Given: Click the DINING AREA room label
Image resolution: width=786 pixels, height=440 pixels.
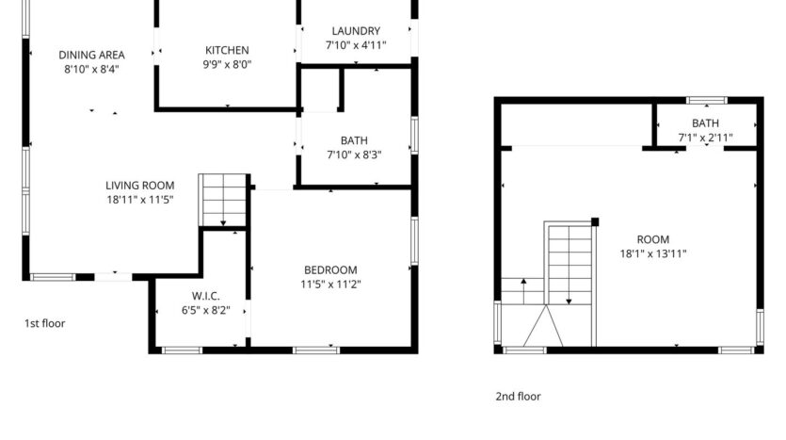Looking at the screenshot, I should coord(91,55).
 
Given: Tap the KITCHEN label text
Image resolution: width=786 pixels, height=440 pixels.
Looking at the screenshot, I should coord(227,51).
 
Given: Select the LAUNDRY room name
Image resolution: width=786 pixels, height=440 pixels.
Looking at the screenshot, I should coord(356,31).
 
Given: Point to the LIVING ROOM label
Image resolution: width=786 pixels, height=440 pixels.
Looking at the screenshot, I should coord(140,186).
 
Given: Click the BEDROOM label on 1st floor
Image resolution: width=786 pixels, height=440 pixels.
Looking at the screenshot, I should coord(329,270).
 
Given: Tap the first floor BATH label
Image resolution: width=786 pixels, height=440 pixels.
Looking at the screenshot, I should coord(354,141).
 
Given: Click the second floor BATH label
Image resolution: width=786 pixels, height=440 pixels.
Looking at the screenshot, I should coord(705,123).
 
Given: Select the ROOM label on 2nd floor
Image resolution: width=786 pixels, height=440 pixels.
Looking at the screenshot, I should coord(653,239).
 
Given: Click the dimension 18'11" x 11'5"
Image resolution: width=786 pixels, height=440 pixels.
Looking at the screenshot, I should coord(140,200).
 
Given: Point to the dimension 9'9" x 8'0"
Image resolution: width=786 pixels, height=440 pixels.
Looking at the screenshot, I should coord(227,65).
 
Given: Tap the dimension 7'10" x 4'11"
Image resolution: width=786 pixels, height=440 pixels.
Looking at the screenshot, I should coord(356,45).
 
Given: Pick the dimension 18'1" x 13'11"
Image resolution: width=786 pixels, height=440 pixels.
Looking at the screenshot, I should coord(653,253).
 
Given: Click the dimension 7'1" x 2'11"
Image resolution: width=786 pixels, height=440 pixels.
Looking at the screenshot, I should coord(705,138).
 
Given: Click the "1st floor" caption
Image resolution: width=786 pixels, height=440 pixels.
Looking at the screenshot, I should coord(44,323).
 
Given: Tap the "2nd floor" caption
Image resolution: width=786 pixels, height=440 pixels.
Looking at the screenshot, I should coord(519,397).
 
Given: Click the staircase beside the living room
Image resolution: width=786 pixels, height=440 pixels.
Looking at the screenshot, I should coord(224,200).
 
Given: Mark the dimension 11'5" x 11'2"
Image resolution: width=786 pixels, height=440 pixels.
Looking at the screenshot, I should coord(329,285).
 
